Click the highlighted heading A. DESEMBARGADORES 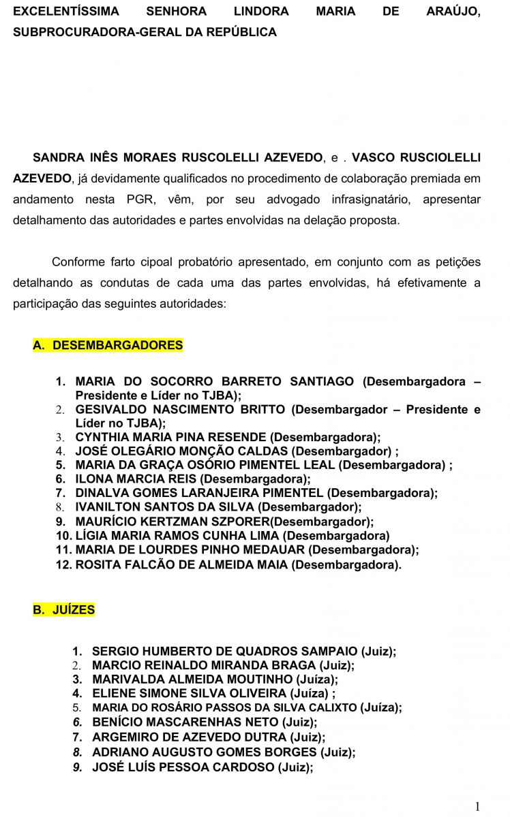click(x=108, y=345)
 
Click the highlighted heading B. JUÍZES click(x=64, y=610)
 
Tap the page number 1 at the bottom click(x=477, y=807)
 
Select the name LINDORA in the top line click(x=262, y=12)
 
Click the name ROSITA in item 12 click(x=96, y=564)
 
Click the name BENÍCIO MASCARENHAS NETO click(x=185, y=722)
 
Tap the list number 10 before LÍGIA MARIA click(x=63, y=536)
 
